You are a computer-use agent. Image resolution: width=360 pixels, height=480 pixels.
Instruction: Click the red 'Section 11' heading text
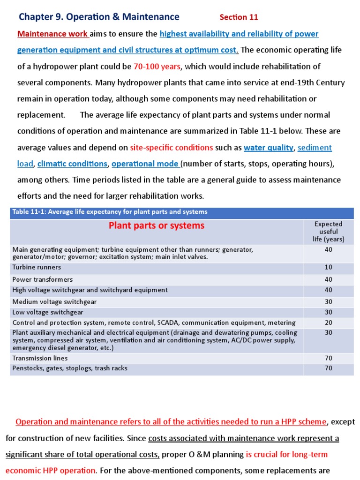coord(239,17)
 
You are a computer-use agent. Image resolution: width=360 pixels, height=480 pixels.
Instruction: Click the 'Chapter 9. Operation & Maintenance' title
coord(99,17)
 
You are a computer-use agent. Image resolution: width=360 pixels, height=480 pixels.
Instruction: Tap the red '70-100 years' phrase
coord(157,67)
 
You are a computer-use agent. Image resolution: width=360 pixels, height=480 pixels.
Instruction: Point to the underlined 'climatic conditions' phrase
coord(72,164)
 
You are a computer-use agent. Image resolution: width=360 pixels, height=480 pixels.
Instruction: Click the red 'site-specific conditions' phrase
coord(172,148)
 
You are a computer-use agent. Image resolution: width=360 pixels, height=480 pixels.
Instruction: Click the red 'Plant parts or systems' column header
coord(157,225)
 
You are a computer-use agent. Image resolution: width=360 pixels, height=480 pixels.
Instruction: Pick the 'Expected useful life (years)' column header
coord(328,232)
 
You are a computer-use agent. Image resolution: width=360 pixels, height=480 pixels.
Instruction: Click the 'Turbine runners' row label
coord(37,267)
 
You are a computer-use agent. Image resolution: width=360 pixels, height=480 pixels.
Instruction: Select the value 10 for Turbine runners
coord(328,268)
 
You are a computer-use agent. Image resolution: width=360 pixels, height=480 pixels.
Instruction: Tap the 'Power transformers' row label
coord(43,279)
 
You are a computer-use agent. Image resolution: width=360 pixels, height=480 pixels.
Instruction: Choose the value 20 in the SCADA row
coord(328,322)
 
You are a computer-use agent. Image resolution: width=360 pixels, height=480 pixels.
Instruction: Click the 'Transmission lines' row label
coord(40,358)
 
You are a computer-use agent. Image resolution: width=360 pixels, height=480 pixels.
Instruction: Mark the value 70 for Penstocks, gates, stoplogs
coord(328,368)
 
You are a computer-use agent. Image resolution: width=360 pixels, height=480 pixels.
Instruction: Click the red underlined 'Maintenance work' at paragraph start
coord(52,34)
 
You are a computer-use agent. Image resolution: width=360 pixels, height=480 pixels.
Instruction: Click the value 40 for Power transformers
coord(328,279)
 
